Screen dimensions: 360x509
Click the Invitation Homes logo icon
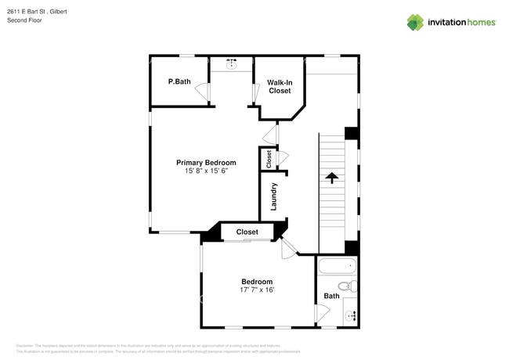tap(415, 22)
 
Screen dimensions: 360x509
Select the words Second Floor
tap(24, 20)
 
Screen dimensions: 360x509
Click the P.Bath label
tap(179, 81)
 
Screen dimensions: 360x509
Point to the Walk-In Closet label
tap(280, 86)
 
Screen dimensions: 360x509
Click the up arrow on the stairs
tap(331, 178)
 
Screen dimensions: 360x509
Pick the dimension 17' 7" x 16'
tap(257, 290)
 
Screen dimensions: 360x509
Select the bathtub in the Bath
tap(338, 265)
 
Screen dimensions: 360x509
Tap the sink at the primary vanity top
tap(233, 66)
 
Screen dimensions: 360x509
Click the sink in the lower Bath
tap(351, 315)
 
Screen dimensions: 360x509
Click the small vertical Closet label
tap(269, 159)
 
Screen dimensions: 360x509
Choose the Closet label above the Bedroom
tap(247, 232)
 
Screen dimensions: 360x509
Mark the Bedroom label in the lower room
tap(257, 282)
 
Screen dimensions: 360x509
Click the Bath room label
tap(331, 296)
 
